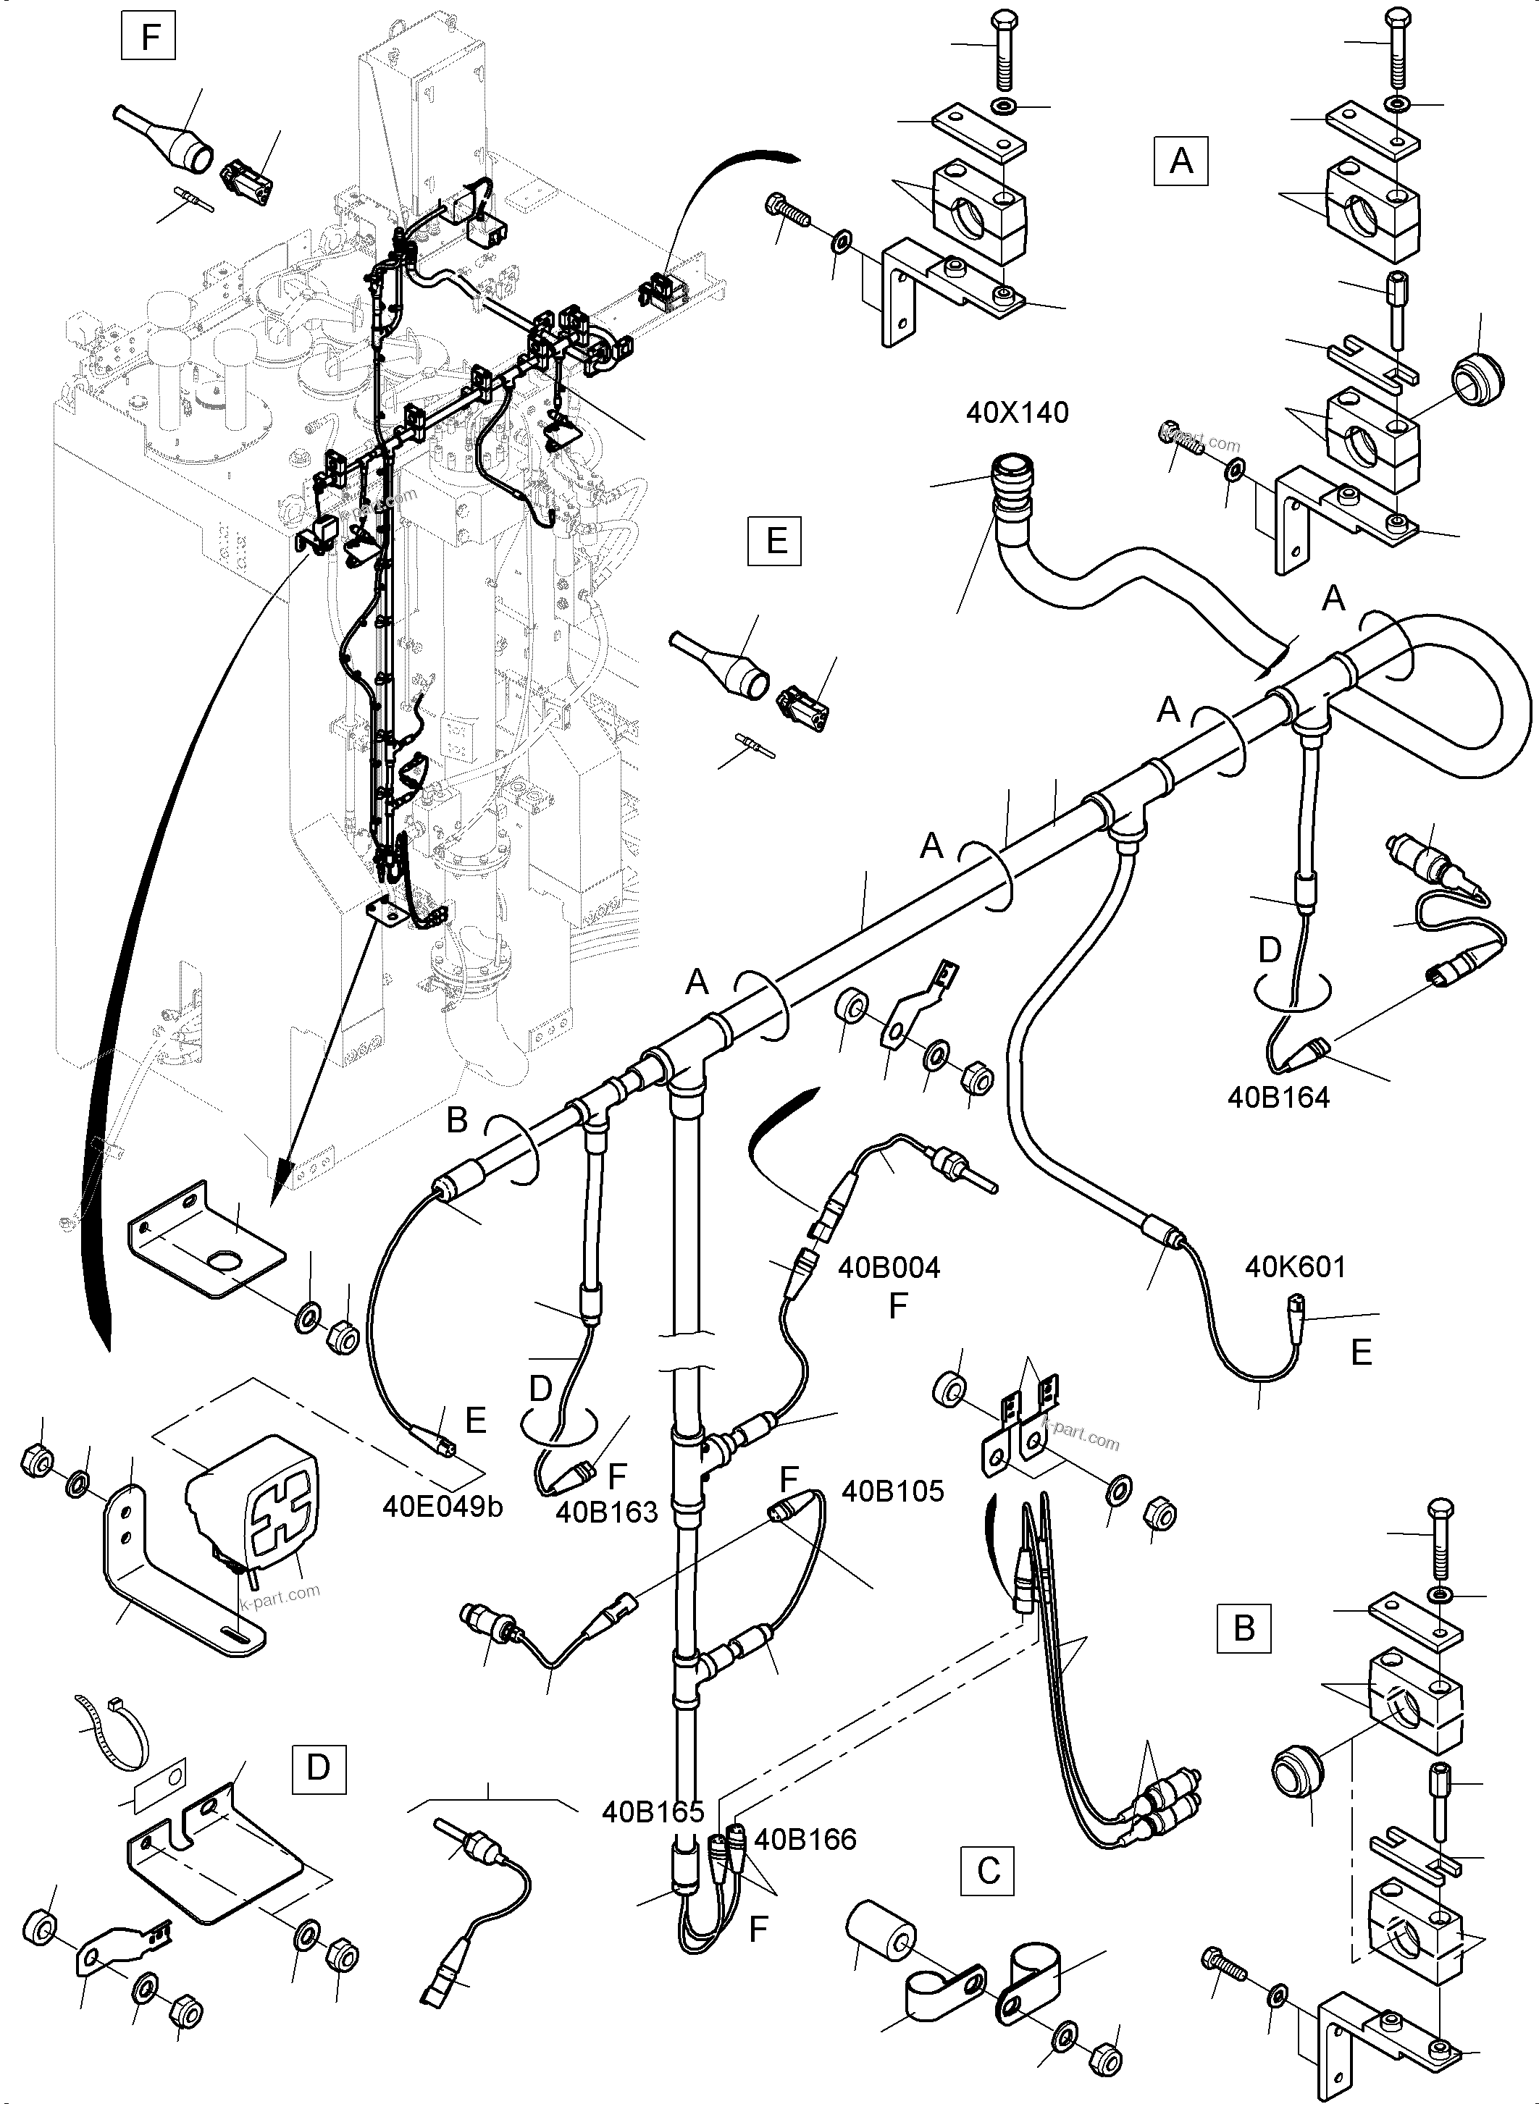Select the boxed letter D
(x=319, y=1767)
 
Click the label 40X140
(x=1018, y=413)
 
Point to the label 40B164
(x=1278, y=1097)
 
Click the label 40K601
(x=1295, y=1267)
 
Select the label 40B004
(x=889, y=1268)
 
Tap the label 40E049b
(x=442, y=1506)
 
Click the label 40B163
(x=606, y=1512)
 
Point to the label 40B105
(x=892, y=1490)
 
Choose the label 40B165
(x=653, y=1811)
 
